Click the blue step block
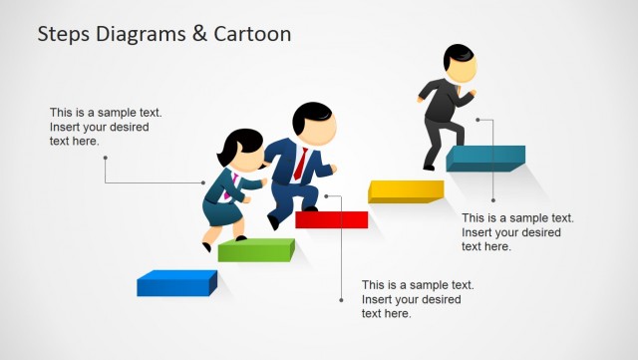point(175,284)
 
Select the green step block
point(255,250)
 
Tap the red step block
point(331,219)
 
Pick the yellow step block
point(405,191)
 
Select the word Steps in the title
point(63,34)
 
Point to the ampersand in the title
point(198,34)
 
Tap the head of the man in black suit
point(458,66)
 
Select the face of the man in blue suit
point(320,129)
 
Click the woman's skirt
point(221,212)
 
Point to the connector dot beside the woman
point(203,182)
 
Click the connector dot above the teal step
point(478,120)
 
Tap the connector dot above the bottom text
point(340,299)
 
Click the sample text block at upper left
point(105,127)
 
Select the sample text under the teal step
point(517,231)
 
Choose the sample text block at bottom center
point(417,299)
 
